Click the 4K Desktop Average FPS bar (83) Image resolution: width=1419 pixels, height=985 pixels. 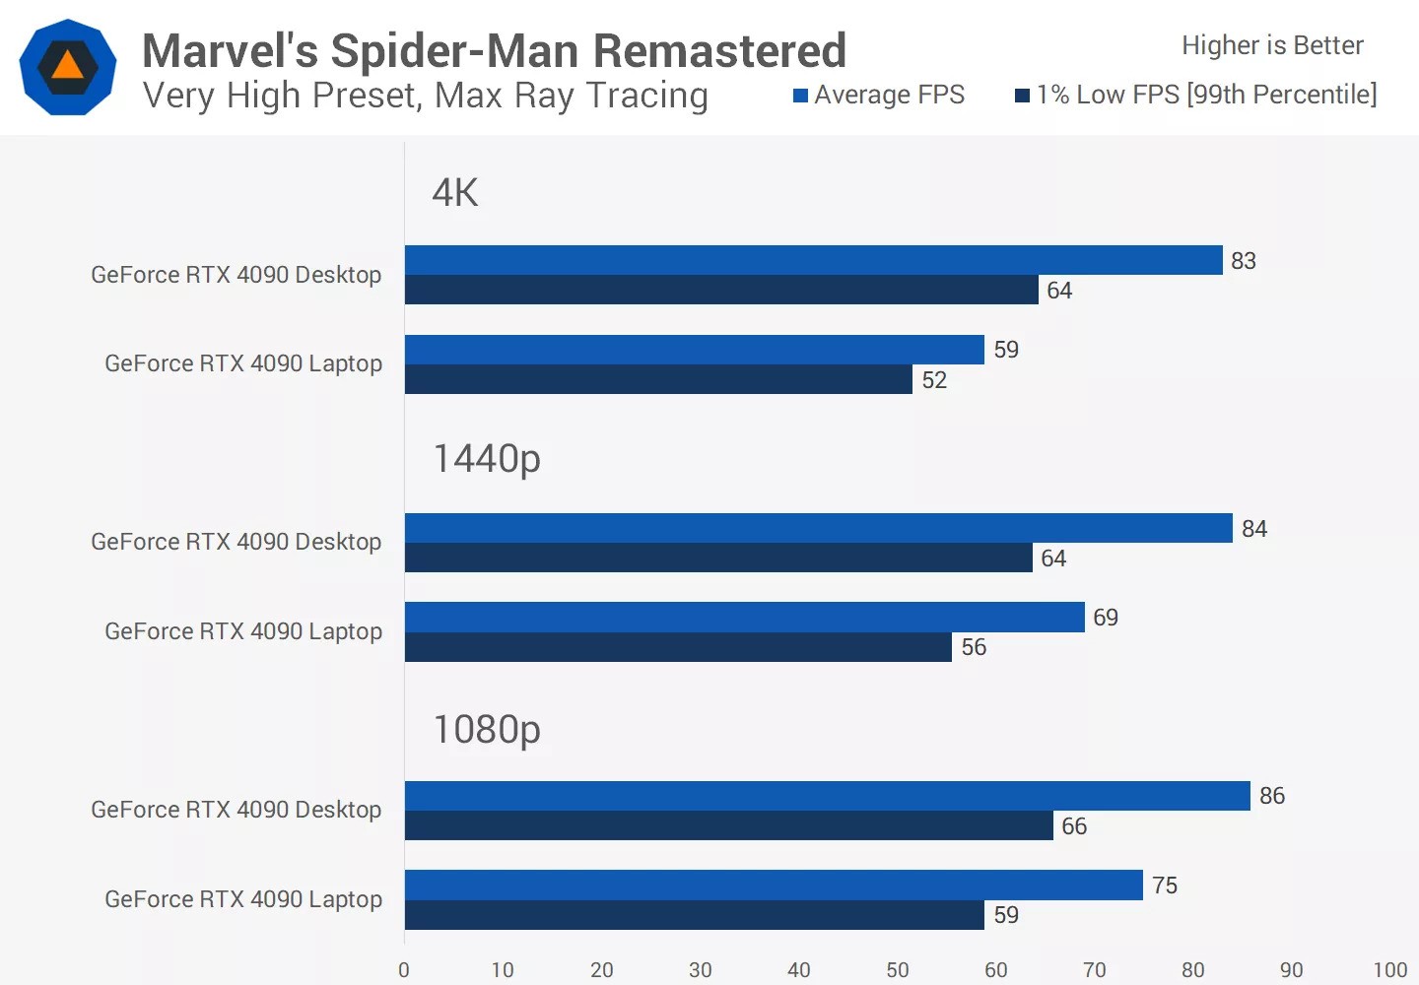pos(813,260)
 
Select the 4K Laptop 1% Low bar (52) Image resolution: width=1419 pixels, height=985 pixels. pos(658,379)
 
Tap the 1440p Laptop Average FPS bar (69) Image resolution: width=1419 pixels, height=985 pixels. pos(744,617)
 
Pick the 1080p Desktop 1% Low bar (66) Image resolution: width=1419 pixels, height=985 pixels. pos(728,825)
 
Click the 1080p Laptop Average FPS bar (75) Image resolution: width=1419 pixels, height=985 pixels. pos(774,885)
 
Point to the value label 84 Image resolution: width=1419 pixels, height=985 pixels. pos(1253,529)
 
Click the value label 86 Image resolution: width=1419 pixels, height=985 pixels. pos(1271,796)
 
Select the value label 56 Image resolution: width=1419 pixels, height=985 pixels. pos(974,647)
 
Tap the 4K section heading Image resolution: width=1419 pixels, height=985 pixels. pos(455,193)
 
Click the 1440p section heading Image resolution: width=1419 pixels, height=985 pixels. pos(487,459)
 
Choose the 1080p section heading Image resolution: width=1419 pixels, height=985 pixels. pos(487,730)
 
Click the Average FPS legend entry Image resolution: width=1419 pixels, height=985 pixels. pos(879,95)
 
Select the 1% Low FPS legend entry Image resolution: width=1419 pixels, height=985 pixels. pos(1196,95)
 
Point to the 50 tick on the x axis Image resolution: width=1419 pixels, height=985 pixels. pos(897,970)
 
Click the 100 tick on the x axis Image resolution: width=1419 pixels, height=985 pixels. pos(1389,970)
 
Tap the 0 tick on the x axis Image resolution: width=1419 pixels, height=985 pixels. pos(404,970)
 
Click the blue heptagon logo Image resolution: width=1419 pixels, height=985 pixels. pos(68,67)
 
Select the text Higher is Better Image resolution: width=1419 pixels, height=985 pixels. pos(1272,45)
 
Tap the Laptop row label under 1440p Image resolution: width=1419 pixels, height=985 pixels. pos(243,631)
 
